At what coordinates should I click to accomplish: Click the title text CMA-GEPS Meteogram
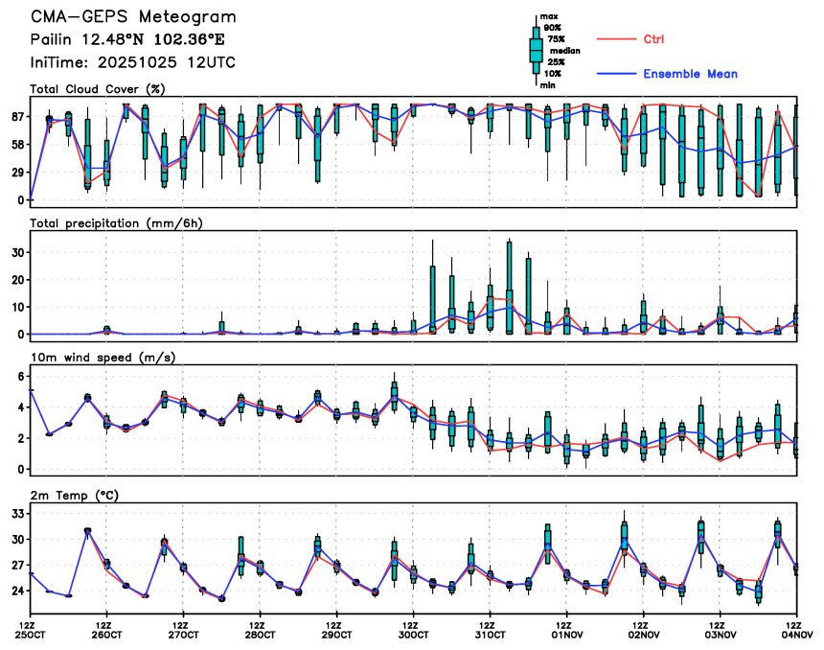133,17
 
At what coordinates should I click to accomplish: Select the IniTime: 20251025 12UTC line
133,62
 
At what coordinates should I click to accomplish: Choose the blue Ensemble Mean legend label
690,74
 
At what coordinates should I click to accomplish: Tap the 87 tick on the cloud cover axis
15,116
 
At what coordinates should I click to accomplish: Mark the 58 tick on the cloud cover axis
15,144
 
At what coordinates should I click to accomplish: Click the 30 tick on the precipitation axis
15,251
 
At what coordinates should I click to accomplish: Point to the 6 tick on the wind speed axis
18,377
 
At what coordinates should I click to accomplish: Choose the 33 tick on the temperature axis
15,514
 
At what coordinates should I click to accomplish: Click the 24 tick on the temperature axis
15,592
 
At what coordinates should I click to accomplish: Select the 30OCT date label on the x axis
414,634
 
